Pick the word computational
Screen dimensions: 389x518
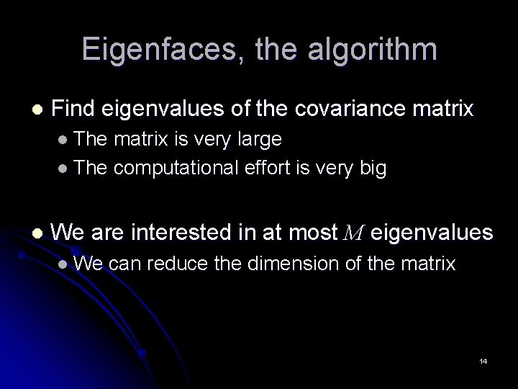(x=176, y=169)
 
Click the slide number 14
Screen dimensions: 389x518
(x=483, y=361)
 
